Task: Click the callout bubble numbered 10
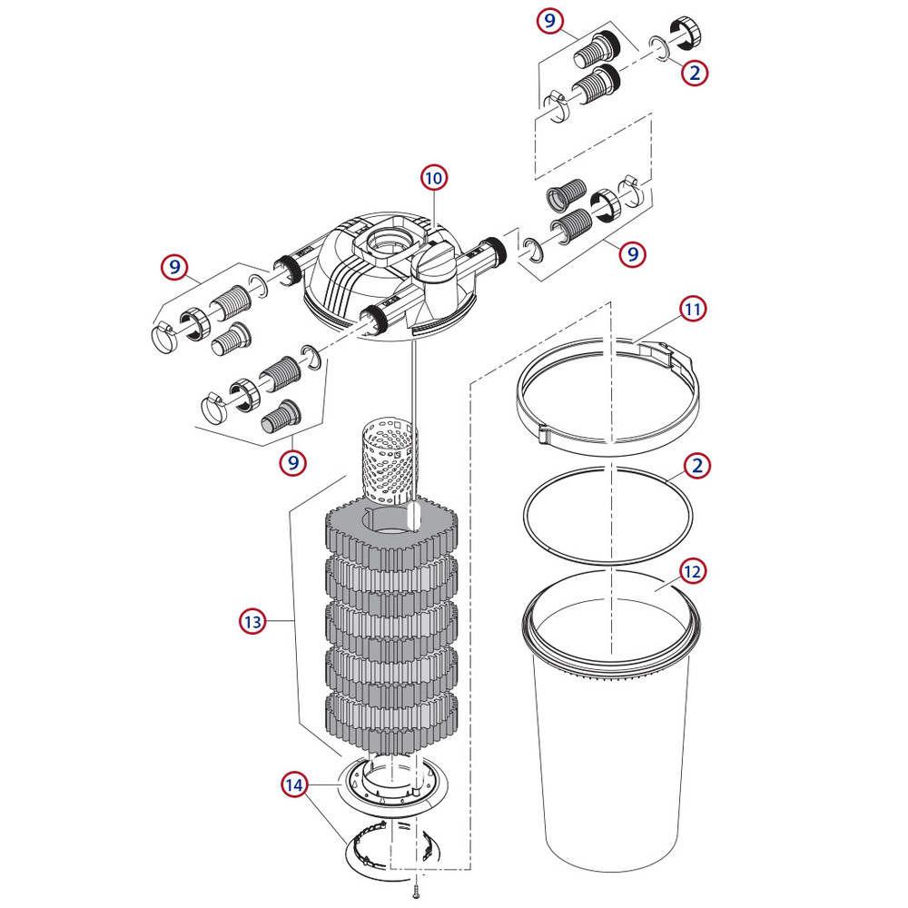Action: tap(432, 178)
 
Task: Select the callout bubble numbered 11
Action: tap(693, 309)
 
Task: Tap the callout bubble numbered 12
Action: tap(693, 571)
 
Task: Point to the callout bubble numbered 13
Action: tap(252, 622)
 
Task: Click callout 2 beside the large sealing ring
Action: tap(696, 467)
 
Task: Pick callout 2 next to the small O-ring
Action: tap(696, 73)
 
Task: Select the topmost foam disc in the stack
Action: tap(390, 536)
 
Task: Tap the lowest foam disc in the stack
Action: tap(390, 717)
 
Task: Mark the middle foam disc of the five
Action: tap(390, 627)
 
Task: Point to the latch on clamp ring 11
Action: tap(661, 353)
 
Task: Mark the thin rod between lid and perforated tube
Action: tap(411, 381)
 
